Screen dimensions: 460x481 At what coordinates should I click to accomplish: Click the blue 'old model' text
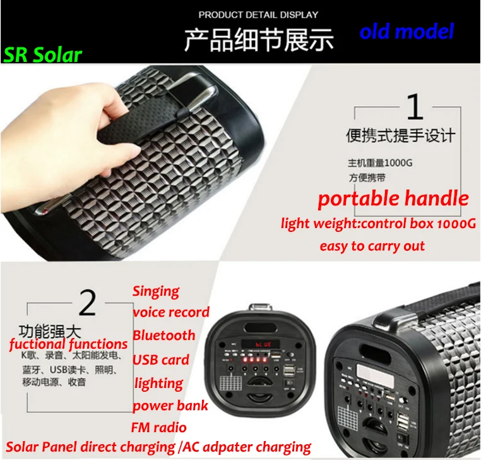coord(407,31)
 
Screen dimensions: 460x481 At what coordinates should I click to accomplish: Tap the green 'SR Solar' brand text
coord(43,55)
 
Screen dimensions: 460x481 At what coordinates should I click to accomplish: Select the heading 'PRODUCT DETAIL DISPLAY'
coord(258,15)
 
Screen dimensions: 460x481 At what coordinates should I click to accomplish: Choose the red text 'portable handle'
coord(393,199)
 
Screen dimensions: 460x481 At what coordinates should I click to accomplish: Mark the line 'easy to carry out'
coord(372,246)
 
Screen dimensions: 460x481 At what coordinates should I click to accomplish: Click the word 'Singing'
coord(156,291)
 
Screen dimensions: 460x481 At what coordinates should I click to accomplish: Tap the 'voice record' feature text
coord(171,312)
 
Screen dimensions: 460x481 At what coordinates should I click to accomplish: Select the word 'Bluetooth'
coord(164,336)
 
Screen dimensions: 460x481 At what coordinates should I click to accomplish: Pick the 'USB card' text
coord(161,360)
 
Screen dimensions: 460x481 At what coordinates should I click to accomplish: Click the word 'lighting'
coord(158,383)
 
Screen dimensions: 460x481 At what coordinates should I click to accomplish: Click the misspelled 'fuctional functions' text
coord(68,344)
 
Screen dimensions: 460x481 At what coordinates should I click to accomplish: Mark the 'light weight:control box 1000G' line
coord(378,224)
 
